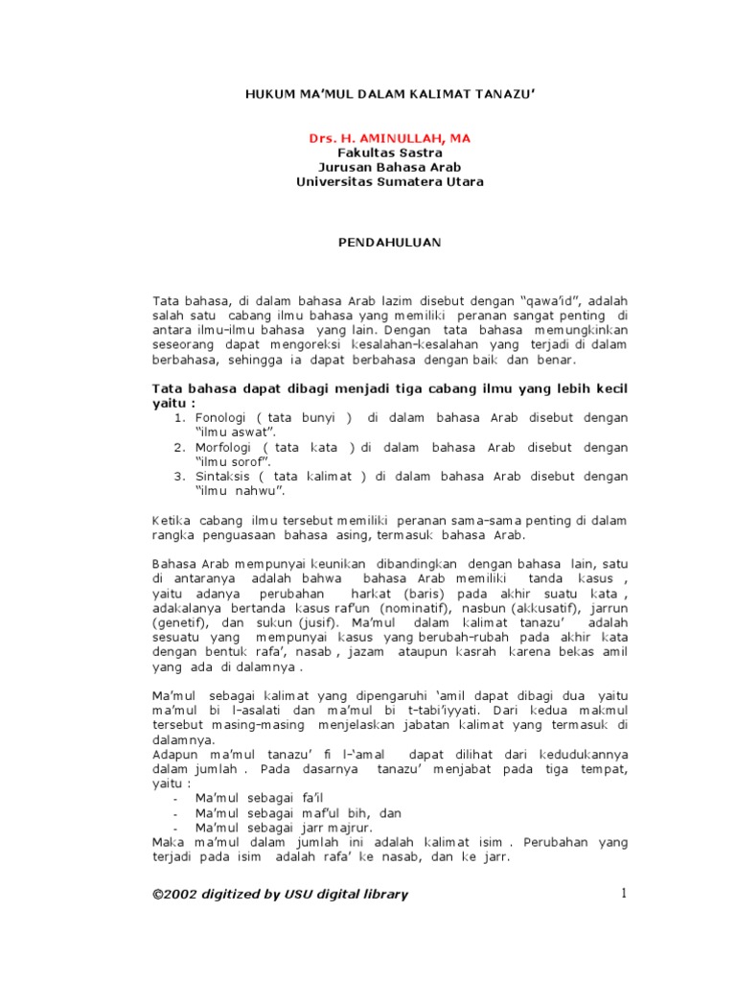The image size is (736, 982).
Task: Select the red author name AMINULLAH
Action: [395, 138]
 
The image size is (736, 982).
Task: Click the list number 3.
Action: [178, 476]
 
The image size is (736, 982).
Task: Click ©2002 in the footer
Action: [178, 894]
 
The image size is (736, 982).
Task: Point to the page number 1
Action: [623, 894]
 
